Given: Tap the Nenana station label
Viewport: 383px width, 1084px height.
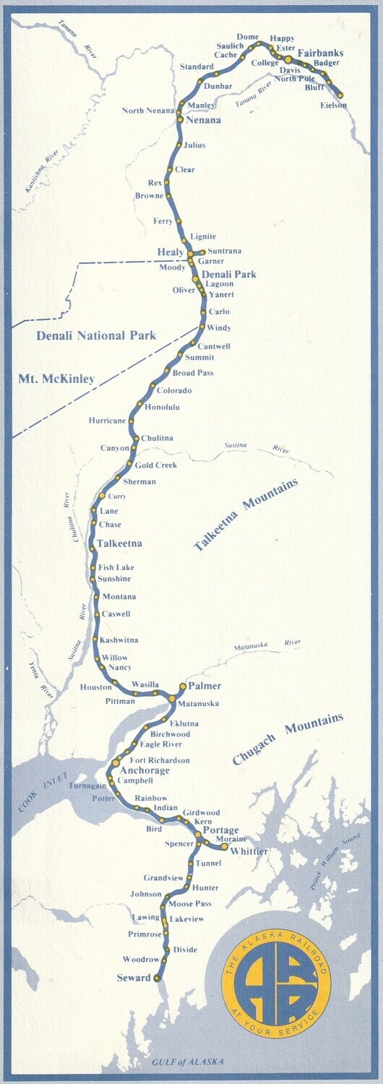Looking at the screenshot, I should tap(203, 121).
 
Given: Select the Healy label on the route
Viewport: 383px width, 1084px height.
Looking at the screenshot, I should tap(171, 251).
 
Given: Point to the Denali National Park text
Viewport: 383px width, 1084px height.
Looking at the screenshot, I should tap(96, 335).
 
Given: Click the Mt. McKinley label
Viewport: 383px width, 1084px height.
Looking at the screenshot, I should tap(56, 378).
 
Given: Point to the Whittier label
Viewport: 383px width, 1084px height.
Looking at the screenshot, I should tap(249, 852).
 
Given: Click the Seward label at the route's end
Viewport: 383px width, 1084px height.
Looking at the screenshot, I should tap(134, 978).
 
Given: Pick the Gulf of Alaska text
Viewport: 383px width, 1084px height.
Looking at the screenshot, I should tap(188, 1062).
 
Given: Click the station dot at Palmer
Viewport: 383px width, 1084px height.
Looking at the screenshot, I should tap(182, 685).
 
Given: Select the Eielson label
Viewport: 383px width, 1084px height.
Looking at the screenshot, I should tap(333, 106).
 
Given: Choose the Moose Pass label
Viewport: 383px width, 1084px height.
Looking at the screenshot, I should tap(189, 904).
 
